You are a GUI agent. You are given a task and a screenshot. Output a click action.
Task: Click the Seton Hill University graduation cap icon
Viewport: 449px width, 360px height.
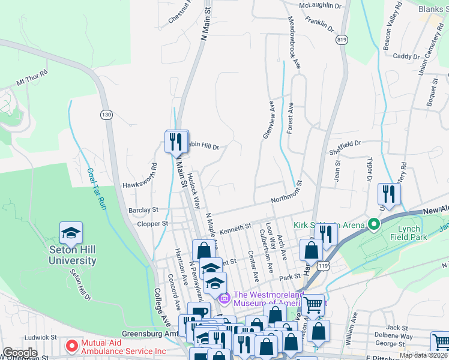tap(71, 233)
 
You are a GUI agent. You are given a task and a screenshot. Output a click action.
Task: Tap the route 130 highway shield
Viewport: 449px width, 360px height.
tap(106, 115)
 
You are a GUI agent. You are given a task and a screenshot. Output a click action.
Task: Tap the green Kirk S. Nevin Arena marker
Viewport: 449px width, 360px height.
tap(374, 225)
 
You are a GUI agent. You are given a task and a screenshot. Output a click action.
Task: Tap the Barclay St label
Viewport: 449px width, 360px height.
tap(143, 211)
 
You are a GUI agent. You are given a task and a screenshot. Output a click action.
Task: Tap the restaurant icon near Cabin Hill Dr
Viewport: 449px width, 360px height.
tap(176, 142)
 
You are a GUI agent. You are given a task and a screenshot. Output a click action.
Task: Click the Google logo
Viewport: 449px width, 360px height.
tap(20, 353)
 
